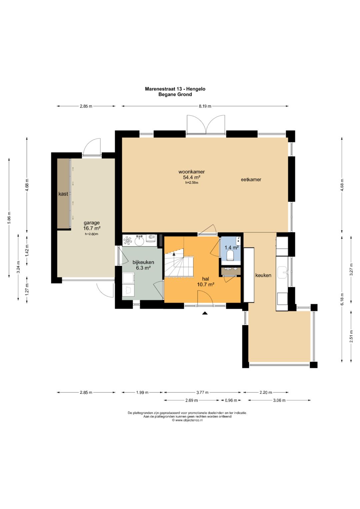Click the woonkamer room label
[191, 172]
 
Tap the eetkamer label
[251, 180]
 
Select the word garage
[92, 223]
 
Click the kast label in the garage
[63, 194]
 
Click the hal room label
[206, 279]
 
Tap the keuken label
[263, 275]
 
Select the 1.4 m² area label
[232, 247]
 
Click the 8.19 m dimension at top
[205, 106]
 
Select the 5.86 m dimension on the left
[9, 217]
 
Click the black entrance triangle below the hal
[205, 313]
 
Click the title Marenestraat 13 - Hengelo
[175, 89]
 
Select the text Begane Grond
[175, 94]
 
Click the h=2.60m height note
[92, 234]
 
